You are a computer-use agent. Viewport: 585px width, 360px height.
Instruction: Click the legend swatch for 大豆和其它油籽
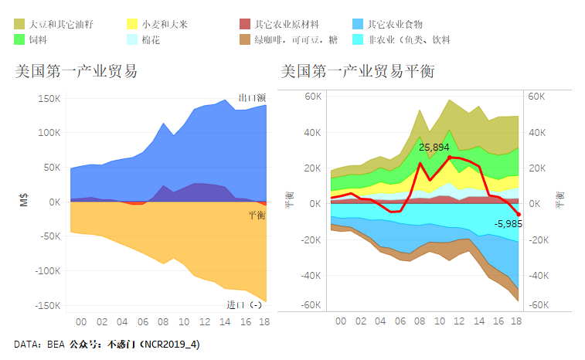point(19,25)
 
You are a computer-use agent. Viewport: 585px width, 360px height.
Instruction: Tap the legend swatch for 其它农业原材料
point(245,25)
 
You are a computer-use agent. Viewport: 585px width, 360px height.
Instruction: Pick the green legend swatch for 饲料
point(19,39)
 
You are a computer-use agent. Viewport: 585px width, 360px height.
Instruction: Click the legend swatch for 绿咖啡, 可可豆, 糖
point(245,39)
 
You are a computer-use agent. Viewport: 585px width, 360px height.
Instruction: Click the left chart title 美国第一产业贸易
point(77,72)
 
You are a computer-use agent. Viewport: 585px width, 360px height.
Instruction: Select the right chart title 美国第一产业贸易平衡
point(357,72)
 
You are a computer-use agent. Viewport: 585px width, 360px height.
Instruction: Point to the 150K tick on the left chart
point(48,99)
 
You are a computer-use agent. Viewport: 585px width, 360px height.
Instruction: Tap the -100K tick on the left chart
point(46,271)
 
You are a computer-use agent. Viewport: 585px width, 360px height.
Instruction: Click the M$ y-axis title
point(23,202)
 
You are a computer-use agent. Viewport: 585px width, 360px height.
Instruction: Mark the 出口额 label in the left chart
point(252,98)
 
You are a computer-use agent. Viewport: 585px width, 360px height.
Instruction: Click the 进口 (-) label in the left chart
point(244,304)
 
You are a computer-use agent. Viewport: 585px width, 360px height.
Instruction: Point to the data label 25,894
point(434,147)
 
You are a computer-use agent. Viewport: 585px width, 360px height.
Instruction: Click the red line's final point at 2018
point(518,214)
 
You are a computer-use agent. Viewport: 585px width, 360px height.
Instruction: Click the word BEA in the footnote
point(55,344)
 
